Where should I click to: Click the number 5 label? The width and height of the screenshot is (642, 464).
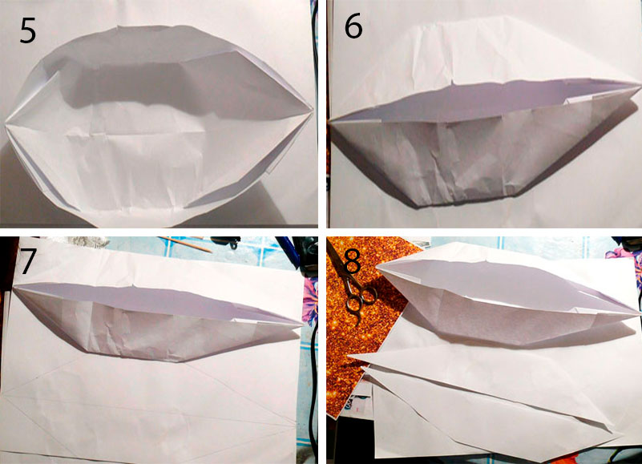pyautogui.click(x=28, y=30)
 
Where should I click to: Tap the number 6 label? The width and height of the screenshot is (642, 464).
pyautogui.click(x=353, y=27)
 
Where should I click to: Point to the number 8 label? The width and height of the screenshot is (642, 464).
pyautogui.click(x=352, y=262)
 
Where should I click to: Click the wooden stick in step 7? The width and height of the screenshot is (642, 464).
pyautogui.click(x=185, y=244)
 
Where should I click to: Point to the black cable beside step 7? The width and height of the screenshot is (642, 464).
pyautogui.click(x=313, y=369)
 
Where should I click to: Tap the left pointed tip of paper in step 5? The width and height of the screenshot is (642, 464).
pyautogui.click(x=6, y=122)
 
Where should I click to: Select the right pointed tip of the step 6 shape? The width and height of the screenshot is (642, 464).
pyautogui.click(x=639, y=85)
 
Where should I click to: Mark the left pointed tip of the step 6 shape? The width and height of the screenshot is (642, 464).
pyautogui.click(x=330, y=121)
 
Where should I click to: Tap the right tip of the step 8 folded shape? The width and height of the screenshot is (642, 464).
pyautogui.click(x=639, y=313)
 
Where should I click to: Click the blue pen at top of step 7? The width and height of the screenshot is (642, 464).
pyautogui.click(x=287, y=248)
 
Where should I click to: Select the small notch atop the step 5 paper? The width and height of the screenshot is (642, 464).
pyautogui.click(x=118, y=28)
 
